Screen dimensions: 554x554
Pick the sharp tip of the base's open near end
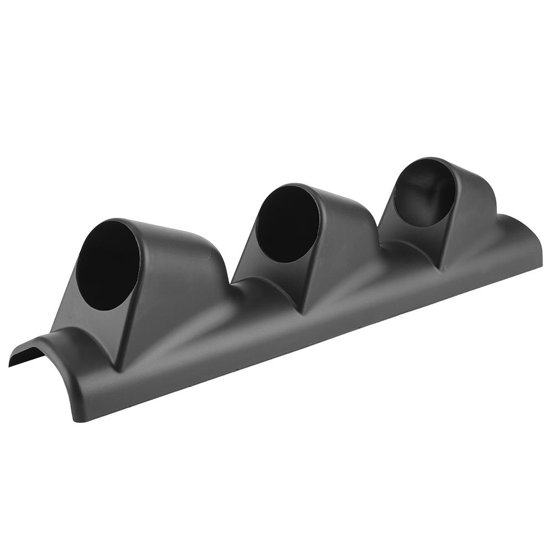point(9,365)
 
